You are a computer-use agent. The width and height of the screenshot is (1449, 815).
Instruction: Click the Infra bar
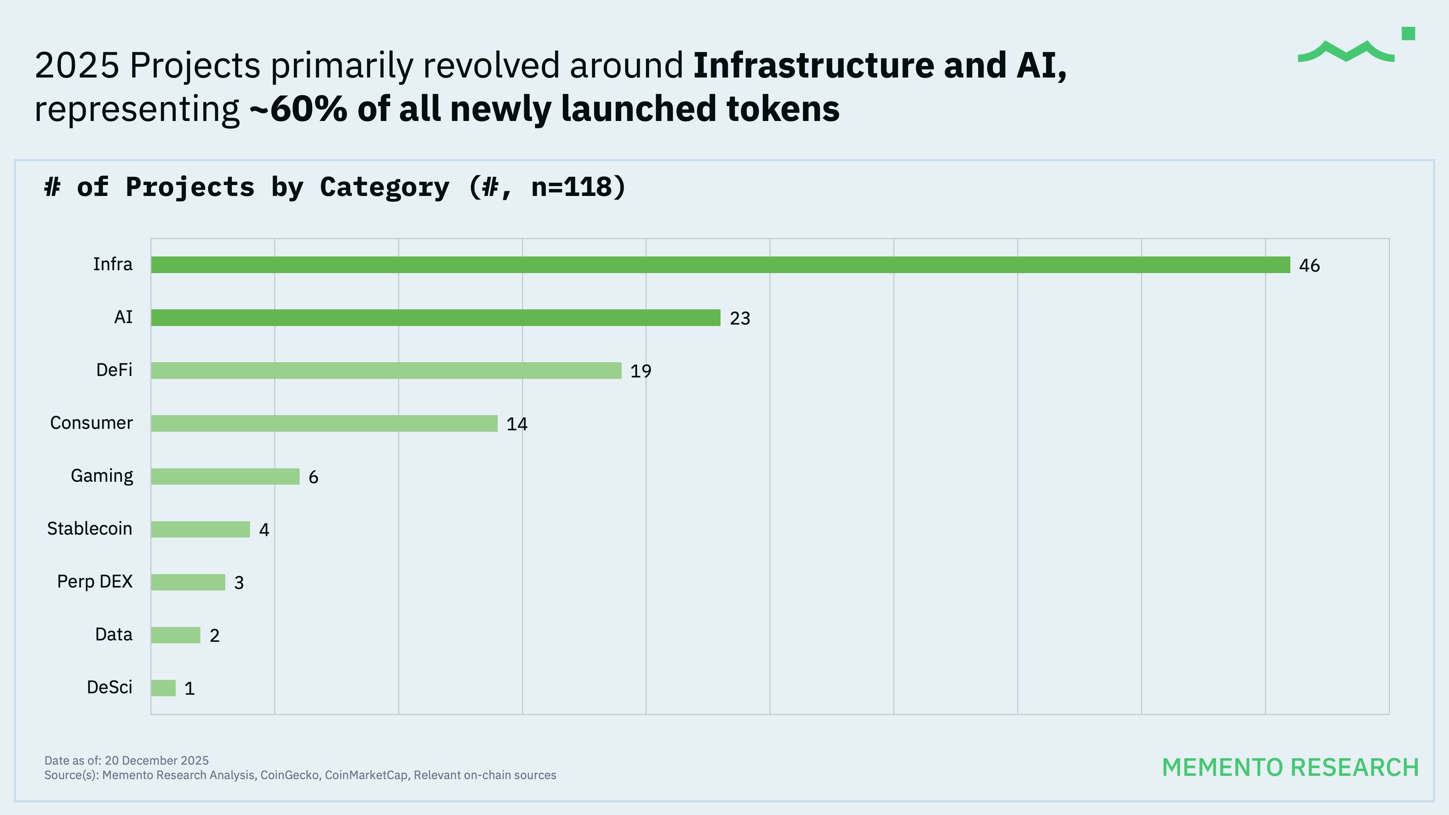click(720, 265)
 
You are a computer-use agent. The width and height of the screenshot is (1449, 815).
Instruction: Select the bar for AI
click(435, 318)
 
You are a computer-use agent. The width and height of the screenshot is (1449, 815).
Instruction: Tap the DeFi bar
click(386, 371)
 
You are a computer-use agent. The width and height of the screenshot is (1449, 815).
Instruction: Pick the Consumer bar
click(324, 423)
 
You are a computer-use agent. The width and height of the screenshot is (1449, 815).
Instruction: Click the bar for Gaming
click(225, 476)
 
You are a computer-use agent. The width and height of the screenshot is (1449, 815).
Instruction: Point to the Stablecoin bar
click(200, 529)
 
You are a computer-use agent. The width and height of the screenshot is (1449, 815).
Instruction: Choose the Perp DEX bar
click(188, 582)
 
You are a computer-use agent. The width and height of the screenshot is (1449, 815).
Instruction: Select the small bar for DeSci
click(163, 688)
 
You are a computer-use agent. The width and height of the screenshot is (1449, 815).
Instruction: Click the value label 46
click(1309, 266)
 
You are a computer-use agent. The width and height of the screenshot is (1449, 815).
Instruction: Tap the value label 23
click(740, 318)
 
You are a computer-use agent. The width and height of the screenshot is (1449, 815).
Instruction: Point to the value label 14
click(516, 424)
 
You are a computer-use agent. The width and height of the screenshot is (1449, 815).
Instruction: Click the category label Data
click(114, 635)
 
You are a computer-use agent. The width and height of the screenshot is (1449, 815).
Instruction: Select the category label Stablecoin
click(89, 529)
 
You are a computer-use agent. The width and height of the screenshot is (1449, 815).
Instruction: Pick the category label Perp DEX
click(95, 582)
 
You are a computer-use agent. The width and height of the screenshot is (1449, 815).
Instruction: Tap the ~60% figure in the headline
click(298, 109)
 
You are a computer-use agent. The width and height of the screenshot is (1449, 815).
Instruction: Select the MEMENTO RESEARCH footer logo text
click(1290, 768)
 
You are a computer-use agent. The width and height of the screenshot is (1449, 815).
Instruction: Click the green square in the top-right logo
click(1408, 34)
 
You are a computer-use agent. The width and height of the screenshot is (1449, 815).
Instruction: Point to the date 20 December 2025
click(156, 760)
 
